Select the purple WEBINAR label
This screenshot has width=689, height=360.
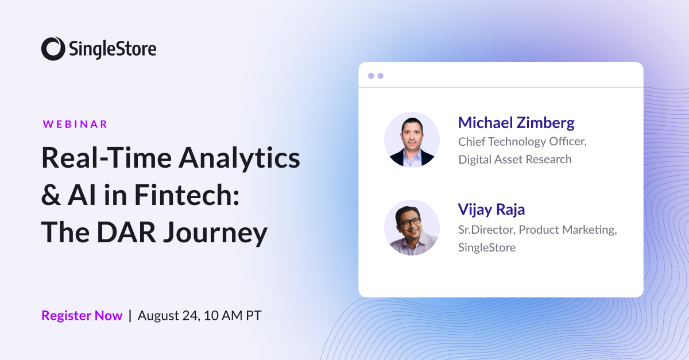[x=75, y=124]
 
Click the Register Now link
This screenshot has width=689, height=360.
[x=82, y=315]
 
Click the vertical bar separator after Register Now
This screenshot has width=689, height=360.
[x=130, y=315]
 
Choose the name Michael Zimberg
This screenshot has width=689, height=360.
[x=516, y=122]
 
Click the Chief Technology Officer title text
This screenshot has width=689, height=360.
[x=522, y=141]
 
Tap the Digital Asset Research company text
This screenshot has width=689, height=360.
[x=514, y=159]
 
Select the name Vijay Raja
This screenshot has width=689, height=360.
[x=491, y=210]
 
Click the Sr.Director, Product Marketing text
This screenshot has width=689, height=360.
[x=537, y=230]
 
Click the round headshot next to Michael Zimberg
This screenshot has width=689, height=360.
[x=412, y=140]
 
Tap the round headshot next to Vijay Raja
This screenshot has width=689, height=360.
[x=412, y=227]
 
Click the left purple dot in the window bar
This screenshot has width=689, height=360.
[x=371, y=76]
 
